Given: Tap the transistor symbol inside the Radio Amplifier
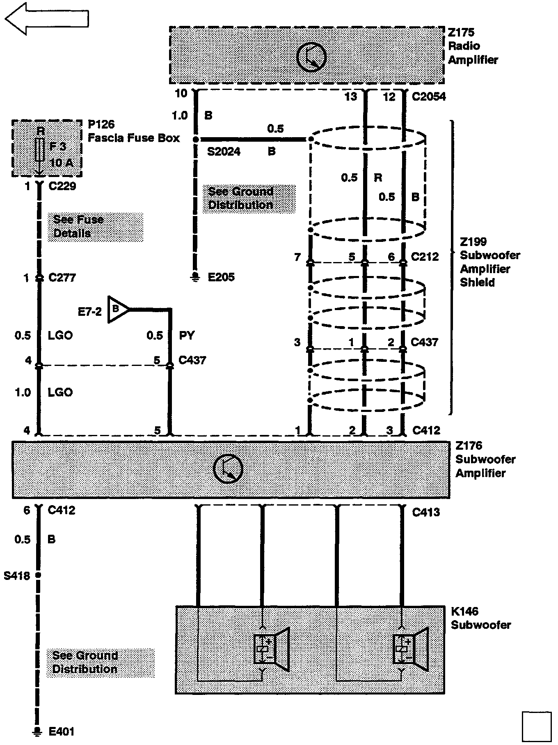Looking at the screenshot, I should pos(311,57).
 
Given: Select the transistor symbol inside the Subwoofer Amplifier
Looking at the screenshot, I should pos(228,469).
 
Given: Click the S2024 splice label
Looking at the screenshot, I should pos(224,152).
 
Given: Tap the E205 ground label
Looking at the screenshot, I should pos(221,277).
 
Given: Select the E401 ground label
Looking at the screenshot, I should pos(62,731).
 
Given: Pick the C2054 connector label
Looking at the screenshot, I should pos(428,97).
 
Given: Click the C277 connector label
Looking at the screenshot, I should pos(62,278).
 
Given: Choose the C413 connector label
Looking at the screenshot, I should pos(426,512).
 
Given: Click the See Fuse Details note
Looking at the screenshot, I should pos(78,226).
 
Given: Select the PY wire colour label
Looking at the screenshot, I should pos(187,336).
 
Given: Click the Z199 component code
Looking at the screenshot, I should pos(473,242).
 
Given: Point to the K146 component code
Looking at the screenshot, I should pos(464,612).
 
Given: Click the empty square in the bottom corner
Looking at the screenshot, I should pos(537,727).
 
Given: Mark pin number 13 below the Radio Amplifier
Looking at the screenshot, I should pos(351,97).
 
